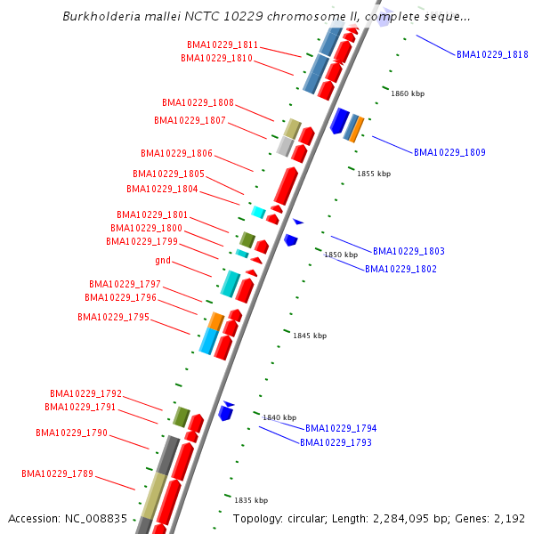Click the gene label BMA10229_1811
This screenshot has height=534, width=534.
(x=222, y=44)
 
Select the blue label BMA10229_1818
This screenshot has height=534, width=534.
(x=492, y=54)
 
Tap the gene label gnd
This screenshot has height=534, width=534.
(x=163, y=260)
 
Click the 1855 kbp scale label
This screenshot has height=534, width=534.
(x=374, y=174)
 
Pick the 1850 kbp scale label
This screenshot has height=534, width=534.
(x=341, y=255)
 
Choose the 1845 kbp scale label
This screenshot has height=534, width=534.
(x=310, y=336)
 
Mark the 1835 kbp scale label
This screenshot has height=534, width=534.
(x=250, y=500)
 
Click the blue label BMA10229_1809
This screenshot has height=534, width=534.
(x=449, y=152)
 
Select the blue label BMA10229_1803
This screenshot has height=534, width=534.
(x=409, y=251)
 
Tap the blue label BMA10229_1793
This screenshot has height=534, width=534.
(x=336, y=442)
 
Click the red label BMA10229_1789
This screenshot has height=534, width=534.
(x=58, y=473)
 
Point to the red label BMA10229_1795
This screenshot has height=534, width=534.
(x=113, y=317)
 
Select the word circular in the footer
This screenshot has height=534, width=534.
(x=311, y=518)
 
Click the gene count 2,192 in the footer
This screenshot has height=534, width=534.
(x=508, y=518)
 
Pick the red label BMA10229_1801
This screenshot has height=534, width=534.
(x=152, y=214)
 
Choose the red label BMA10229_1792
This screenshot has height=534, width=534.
(x=85, y=393)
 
